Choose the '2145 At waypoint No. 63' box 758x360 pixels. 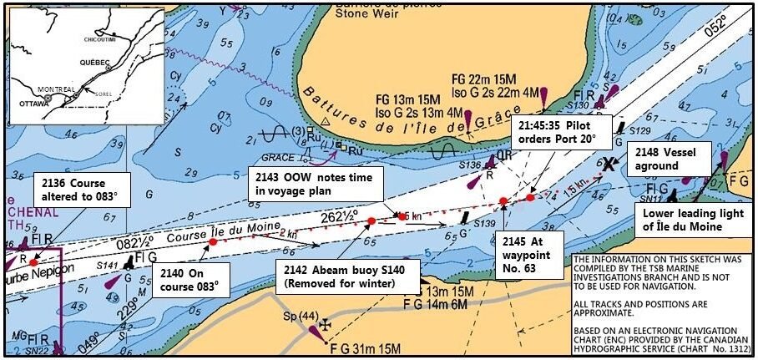[x=534, y=256]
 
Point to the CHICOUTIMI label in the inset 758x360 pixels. [x=100, y=38]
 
